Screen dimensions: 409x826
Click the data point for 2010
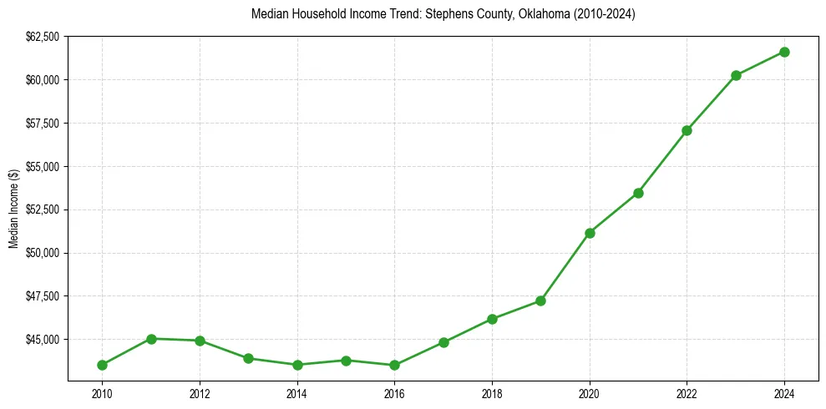102,365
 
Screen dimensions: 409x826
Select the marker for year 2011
151,339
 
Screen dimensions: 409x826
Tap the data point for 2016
394,365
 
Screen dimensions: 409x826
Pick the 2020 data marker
590,233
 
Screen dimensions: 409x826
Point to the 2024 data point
784,52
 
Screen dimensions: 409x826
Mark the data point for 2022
687,130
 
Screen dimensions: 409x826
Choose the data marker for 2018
492,319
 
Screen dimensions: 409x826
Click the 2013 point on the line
248,358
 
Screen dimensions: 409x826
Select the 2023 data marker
736,75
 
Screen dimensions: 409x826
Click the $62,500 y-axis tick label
43,37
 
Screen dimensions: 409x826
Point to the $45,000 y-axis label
43,340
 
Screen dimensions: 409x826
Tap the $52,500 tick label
43,210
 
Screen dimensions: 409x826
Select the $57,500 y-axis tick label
43,124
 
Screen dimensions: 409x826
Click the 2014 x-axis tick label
297,392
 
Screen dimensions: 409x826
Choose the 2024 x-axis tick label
784,392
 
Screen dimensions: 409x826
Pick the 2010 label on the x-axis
102,392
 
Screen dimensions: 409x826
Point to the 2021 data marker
638,193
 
